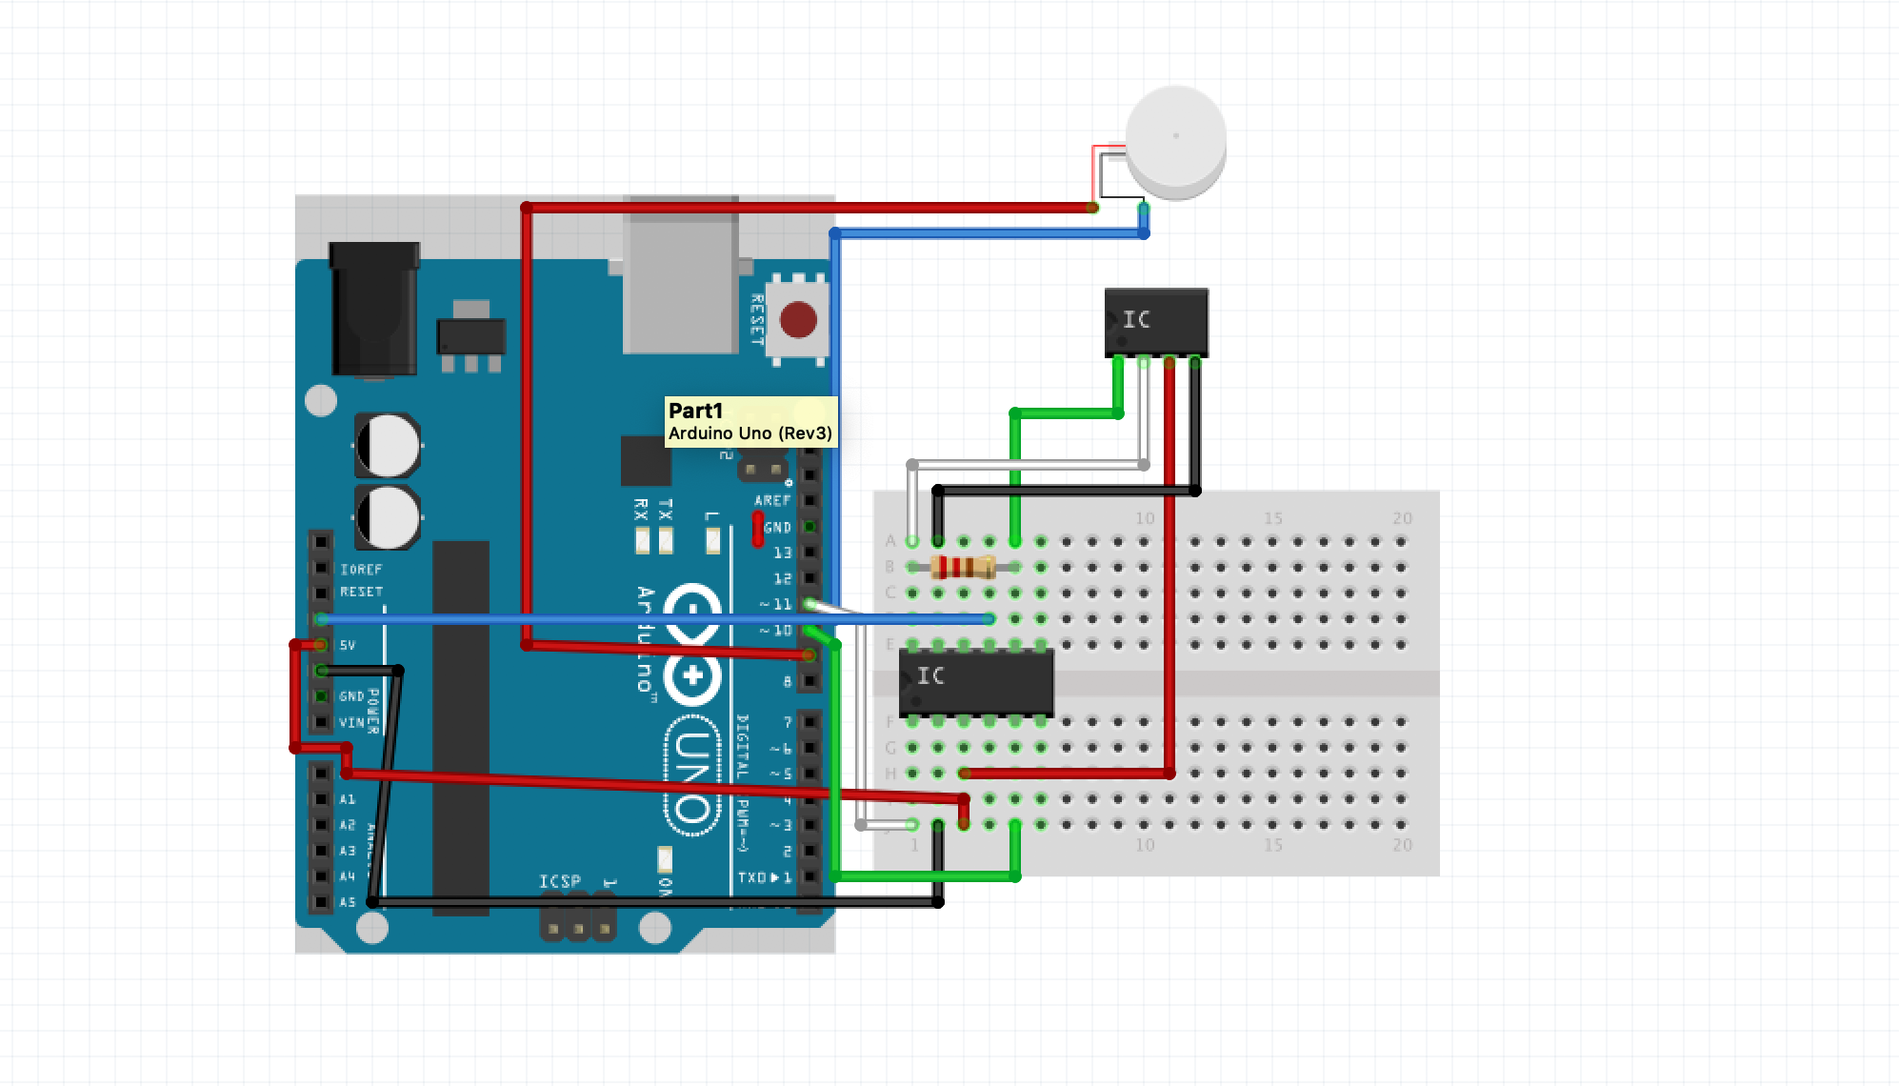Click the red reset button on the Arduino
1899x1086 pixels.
pyautogui.click(x=798, y=320)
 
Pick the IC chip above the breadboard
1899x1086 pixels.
pyautogui.click(x=1156, y=322)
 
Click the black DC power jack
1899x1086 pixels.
pyautogui.click(x=373, y=309)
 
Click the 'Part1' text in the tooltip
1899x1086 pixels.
pyautogui.click(x=695, y=411)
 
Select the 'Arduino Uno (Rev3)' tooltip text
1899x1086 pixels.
pyautogui.click(x=750, y=433)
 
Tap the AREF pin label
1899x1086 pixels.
pyautogui.click(x=772, y=500)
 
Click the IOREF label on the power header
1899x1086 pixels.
pyautogui.click(x=361, y=570)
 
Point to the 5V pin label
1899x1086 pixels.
pyautogui.click(x=348, y=645)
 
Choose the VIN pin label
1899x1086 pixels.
pyautogui.click(x=351, y=723)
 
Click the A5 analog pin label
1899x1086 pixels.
pyautogui.click(x=347, y=902)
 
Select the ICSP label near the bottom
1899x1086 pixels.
pyautogui.click(x=559, y=881)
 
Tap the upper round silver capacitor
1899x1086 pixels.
pyautogui.click(x=388, y=445)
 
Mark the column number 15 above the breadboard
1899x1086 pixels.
pyautogui.click(x=1272, y=518)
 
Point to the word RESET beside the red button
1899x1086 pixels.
pyautogui.click(x=757, y=320)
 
